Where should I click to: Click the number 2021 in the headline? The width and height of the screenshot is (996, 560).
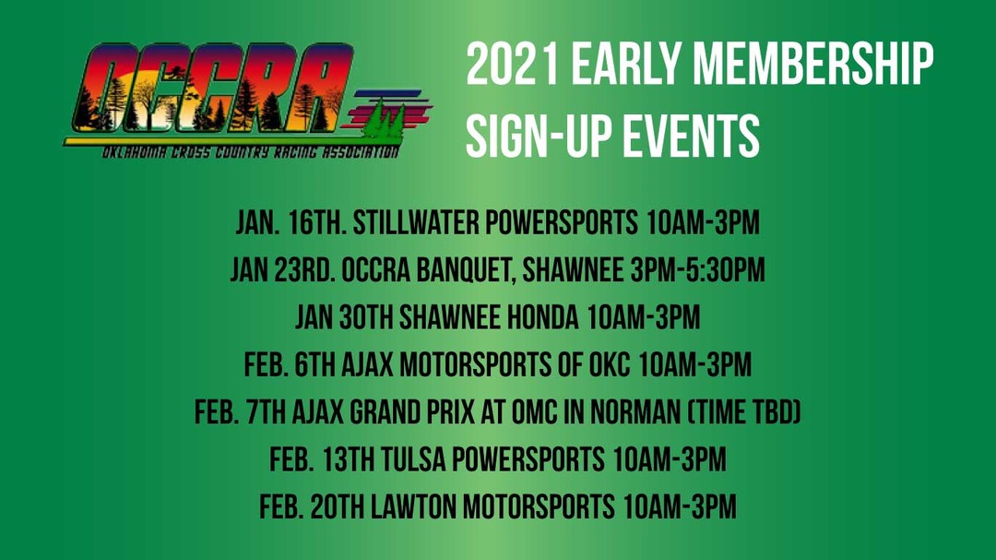513,64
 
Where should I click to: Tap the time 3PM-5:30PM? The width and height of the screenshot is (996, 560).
698,270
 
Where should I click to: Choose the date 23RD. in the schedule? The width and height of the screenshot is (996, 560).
305,270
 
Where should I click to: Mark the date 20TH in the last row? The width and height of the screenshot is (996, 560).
338,507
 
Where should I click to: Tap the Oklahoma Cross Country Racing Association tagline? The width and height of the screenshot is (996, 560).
251,152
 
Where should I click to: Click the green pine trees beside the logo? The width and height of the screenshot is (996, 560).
385,121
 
